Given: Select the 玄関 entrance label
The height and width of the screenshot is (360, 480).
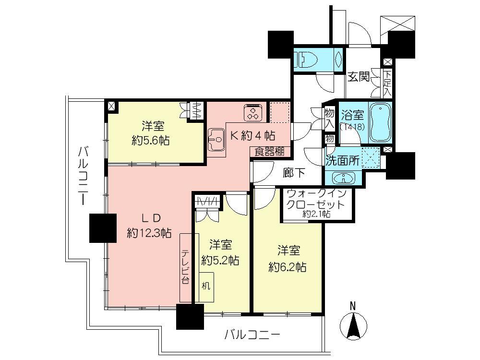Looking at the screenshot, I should pos(358,77).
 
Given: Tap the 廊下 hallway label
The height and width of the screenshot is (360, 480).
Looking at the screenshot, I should pos(293,173).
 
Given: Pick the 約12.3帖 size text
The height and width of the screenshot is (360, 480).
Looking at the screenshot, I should pos(150,233).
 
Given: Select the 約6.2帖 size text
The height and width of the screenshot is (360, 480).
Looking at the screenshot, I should pos(288,267).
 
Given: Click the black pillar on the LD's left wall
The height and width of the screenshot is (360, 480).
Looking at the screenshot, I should pos(103,228).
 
